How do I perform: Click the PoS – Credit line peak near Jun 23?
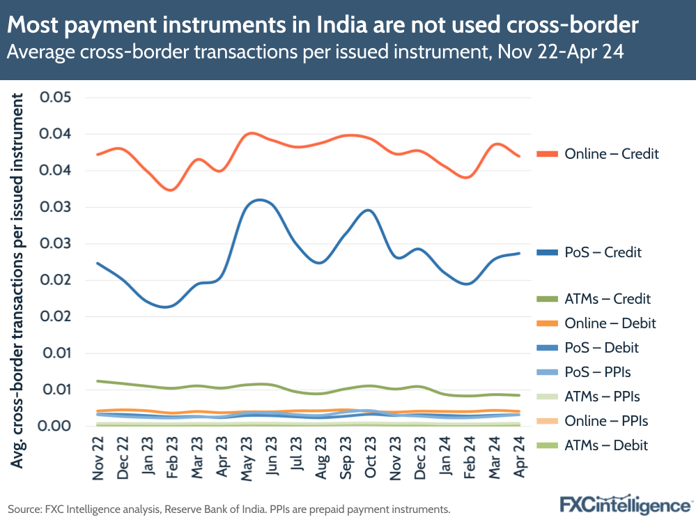click(x=259, y=200)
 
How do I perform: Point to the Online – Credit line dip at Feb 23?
click(x=172, y=190)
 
